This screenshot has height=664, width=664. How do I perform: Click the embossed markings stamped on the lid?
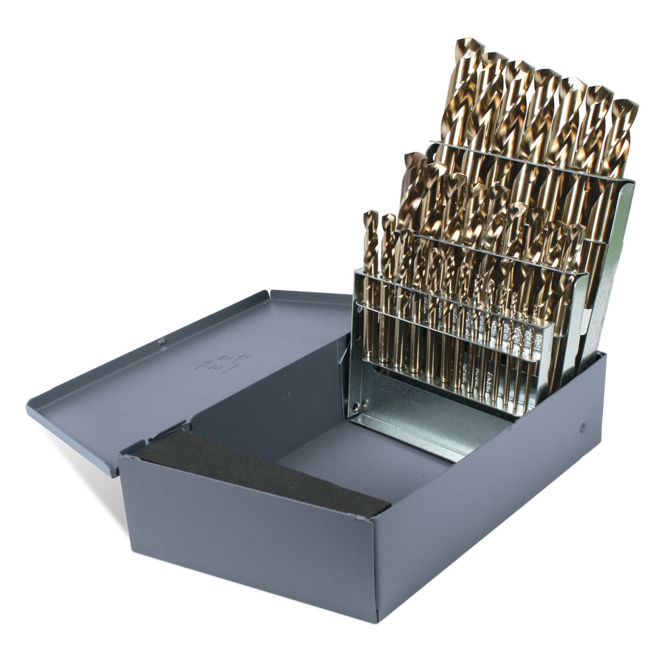coord(222,362)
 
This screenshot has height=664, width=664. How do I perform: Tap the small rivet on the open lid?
coord(162,341)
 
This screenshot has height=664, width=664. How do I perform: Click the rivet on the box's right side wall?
coord(582,427)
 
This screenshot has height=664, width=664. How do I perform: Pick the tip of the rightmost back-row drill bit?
coord(626,106)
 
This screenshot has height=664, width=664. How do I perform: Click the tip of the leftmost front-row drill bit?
coord(370,216)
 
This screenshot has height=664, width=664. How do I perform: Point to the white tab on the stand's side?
coord(584,318)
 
